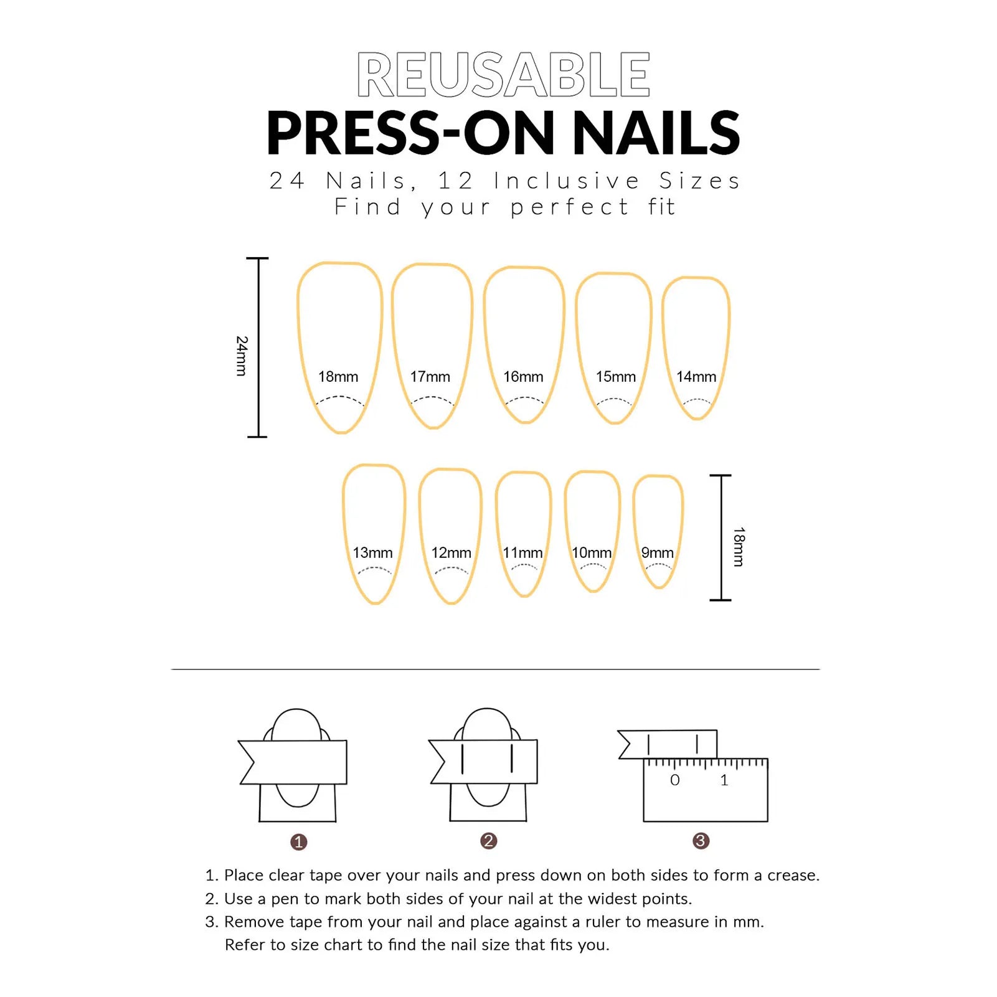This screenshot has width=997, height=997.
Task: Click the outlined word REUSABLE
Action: click(x=503, y=75)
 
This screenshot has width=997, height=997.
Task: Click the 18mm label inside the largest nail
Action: click(x=338, y=377)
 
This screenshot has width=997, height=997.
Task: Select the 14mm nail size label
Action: click(x=696, y=377)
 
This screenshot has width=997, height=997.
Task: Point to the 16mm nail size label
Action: click(x=523, y=377)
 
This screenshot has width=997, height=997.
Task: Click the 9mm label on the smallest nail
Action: click(x=658, y=553)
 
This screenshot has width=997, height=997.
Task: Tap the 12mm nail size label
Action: click(x=451, y=553)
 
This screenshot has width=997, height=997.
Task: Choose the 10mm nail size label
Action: click(x=592, y=553)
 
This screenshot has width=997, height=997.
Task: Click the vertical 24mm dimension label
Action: click(x=242, y=356)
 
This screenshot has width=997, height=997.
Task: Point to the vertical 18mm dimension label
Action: click(x=739, y=547)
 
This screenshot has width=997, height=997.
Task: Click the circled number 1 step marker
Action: click(x=299, y=842)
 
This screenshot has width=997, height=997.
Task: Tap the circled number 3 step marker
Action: click(x=701, y=841)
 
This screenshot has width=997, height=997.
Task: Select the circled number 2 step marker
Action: click(x=489, y=841)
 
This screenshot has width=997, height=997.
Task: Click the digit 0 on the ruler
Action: click(x=675, y=780)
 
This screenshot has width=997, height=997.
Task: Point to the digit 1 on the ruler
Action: click(x=724, y=780)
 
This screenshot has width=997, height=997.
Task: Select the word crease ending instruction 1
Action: click(x=792, y=876)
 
